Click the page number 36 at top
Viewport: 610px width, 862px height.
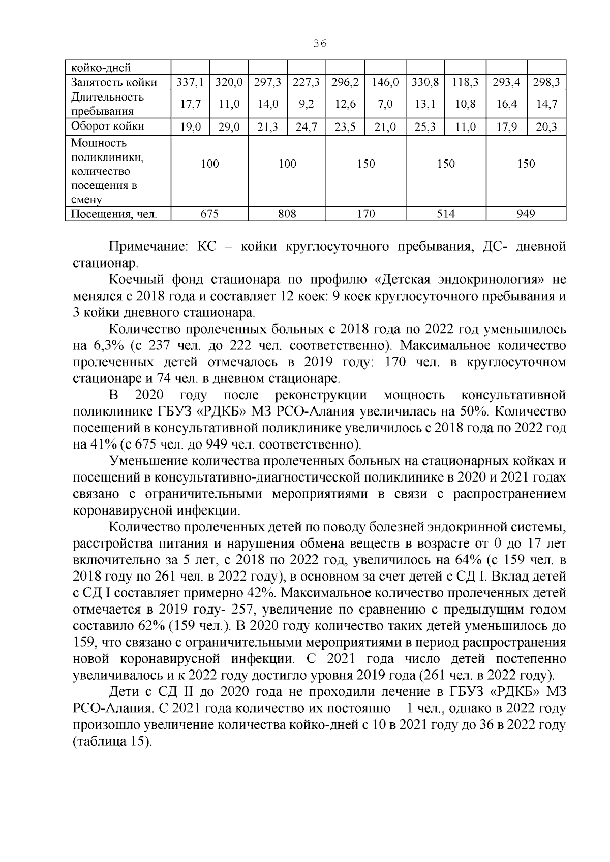319,44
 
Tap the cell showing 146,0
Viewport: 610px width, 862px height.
385,82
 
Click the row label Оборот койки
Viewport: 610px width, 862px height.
107,126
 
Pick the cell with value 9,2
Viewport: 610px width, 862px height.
307,105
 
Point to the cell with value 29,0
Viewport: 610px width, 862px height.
229,126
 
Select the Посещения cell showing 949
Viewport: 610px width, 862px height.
526,214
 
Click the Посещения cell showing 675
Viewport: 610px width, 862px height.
209,214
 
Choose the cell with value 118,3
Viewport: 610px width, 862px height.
465,82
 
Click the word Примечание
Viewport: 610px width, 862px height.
147,247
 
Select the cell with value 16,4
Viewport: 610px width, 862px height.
506,105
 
